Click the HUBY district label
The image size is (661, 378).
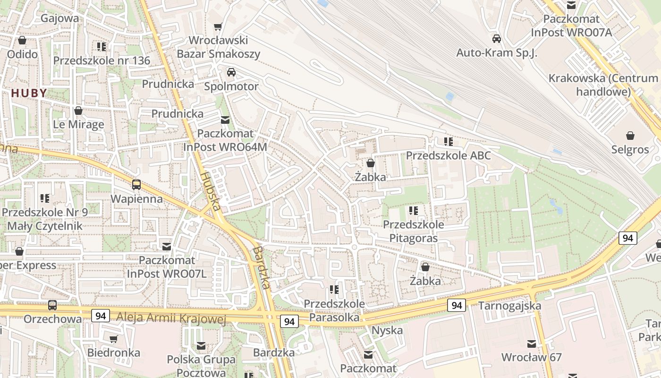29,93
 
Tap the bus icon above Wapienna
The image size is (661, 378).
136,185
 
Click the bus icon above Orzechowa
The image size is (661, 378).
52,305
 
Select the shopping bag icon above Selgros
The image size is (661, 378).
630,136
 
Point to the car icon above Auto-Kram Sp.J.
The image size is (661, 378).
496,39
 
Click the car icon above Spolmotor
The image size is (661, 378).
231,72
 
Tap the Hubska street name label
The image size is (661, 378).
210,190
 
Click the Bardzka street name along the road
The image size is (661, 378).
261,267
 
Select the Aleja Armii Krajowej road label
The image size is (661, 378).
171,318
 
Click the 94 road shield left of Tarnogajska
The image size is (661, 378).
457,305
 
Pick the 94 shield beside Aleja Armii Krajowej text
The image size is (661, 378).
100,315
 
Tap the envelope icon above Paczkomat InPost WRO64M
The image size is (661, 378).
225,120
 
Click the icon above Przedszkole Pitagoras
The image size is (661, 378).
414,210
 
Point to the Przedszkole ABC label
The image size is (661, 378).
448,155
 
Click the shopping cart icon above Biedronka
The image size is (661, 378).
113,339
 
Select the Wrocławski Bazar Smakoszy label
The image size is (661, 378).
218,47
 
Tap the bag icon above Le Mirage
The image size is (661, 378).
78,111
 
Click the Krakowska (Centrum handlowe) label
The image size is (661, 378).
603,85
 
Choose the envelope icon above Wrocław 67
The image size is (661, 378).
532,344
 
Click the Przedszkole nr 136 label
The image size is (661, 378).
102,60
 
